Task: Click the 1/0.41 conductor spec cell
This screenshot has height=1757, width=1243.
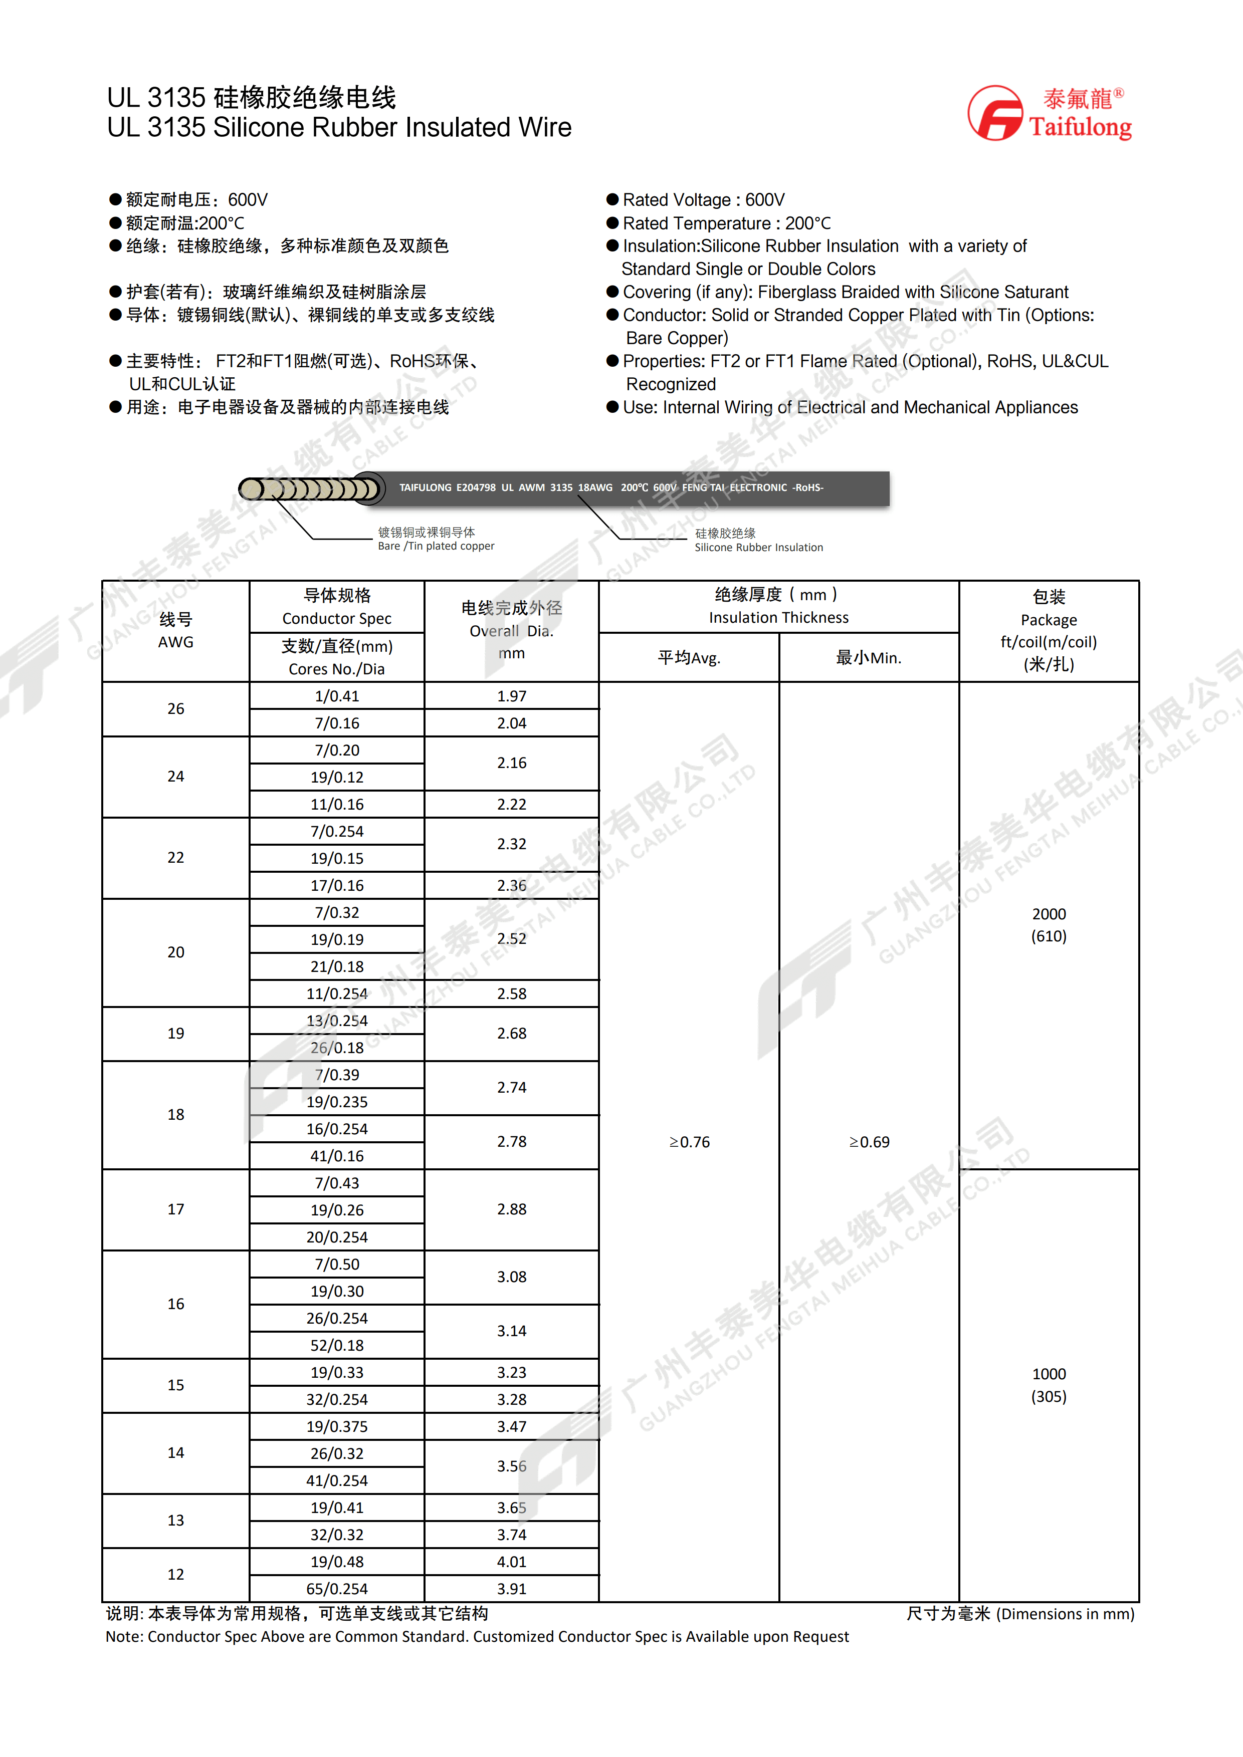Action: point(337,695)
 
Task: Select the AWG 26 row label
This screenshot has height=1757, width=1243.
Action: point(175,708)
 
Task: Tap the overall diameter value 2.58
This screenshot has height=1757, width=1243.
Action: point(511,993)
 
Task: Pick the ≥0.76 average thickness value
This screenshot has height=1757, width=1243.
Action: point(689,1142)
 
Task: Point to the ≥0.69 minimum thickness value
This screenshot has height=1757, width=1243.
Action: point(869,1142)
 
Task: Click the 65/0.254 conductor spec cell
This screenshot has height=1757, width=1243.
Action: point(337,1589)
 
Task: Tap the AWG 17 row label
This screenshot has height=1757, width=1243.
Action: point(175,1209)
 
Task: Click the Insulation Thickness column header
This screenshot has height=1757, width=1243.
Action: point(778,606)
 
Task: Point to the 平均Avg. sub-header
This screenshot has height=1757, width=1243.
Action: point(689,657)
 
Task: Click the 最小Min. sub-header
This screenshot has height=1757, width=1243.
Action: point(869,657)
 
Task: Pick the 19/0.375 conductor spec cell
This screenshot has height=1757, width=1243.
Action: point(337,1426)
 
